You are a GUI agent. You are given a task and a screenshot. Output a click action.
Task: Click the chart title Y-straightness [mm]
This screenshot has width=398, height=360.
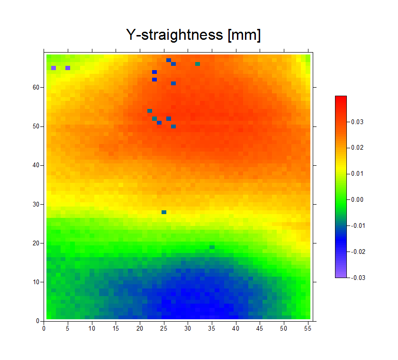click(x=193, y=35)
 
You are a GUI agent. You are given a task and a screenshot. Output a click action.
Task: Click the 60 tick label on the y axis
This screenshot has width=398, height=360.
click(x=36, y=88)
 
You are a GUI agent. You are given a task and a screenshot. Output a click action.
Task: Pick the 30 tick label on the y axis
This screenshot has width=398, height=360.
click(x=36, y=204)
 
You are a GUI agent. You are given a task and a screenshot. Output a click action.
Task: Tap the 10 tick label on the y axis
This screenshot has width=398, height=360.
click(x=36, y=282)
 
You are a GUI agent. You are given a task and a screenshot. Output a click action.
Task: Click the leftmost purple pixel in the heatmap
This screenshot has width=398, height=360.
click(x=54, y=68)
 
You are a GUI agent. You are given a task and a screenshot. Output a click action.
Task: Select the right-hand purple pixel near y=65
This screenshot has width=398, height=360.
click(x=68, y=68)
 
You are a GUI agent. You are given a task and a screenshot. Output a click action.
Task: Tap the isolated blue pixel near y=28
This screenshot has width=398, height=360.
click(x=164, y=212)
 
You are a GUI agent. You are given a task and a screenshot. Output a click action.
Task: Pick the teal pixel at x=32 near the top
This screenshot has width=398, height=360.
click(x=198, y=64)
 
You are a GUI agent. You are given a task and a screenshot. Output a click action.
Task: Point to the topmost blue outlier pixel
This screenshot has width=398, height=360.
click(x=169, y=60)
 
